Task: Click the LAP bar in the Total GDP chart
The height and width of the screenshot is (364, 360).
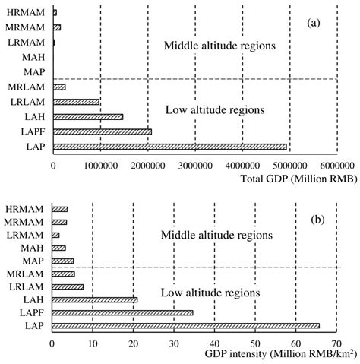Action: (169, 147)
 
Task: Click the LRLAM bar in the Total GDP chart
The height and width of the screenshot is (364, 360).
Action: (76, 102)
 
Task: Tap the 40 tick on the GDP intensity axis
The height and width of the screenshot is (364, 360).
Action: (214, 343)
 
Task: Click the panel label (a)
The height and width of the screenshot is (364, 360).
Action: (314, 23)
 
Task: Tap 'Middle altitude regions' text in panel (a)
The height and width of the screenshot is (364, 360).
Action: (219, 47)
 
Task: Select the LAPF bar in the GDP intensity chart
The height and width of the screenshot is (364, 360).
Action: (122, 312)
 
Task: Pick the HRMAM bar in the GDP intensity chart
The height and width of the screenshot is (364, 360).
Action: (60, 209)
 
